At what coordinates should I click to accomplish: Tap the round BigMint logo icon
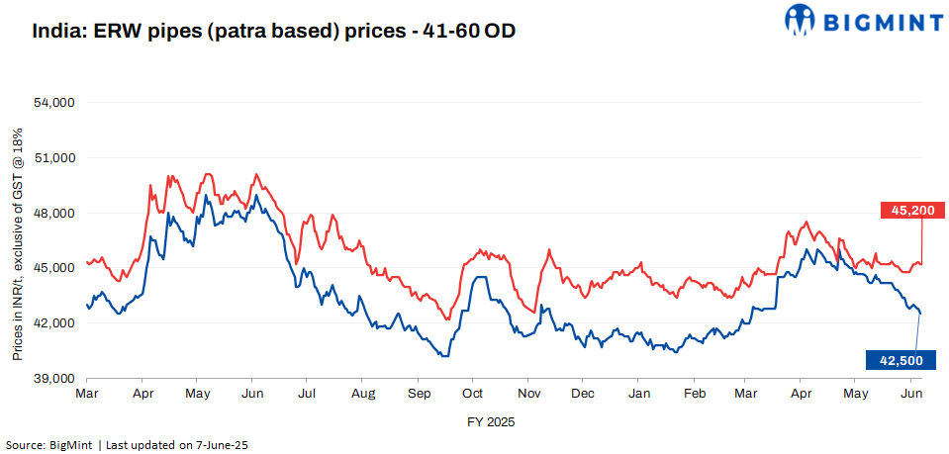pyautogui.click(x=801, y=19)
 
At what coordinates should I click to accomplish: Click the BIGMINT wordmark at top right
pyautogui.click(x=878, y=19)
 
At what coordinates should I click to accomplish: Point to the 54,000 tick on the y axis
pyautogui.click(x=55, y=103)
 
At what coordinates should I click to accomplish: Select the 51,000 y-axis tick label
pyautogui.click(x=55, y=158)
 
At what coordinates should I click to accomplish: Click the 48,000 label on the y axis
pyautogui.click(x=55, y=214)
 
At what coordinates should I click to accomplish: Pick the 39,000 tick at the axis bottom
pyautogui.click(x=55, y=379)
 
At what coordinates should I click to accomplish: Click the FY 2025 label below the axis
pyautogui.click(x=491, y=420)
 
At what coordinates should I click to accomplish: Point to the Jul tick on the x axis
pyautogui.click(x=307, y=394)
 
